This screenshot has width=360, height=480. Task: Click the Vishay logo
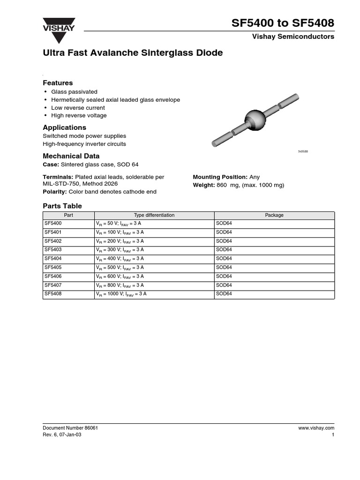pyautogui.click(x=59, y=26)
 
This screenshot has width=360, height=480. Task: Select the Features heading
pyautogui.click(x=58, y=83)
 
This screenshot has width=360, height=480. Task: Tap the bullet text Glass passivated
pyautogui.click(x=74, y=92)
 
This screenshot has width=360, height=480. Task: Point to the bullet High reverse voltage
pyautogui.click(x=79, y=115)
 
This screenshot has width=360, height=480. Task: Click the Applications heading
pyautogui.click(x=64, y=127)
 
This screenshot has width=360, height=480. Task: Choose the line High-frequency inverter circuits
pyautogui.click(x=84, y=144)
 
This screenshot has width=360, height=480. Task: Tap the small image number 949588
pyautogui.click(x=303, y=152)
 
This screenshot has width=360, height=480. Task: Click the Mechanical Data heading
pyautogui.click(x=71, y=156)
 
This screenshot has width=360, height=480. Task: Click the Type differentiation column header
pyautogui.click(x=154, y=215)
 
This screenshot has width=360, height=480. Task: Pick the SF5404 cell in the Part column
pyautogui.click(x=53, y=258)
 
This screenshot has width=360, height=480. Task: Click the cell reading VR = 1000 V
pyautogui.click(x=121, y=294)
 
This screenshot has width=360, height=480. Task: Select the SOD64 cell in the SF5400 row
pyautogui.click(x=224, y=224)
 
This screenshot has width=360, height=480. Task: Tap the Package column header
pyautogui.click(x=274, y=215)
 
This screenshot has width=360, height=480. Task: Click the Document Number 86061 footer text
pyautogui.click(x=70, y=428)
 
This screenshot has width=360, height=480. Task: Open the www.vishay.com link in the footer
pyautogui.click(x=316, y=428)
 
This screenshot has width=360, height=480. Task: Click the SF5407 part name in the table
pyautogui.click(x=53, y=285)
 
